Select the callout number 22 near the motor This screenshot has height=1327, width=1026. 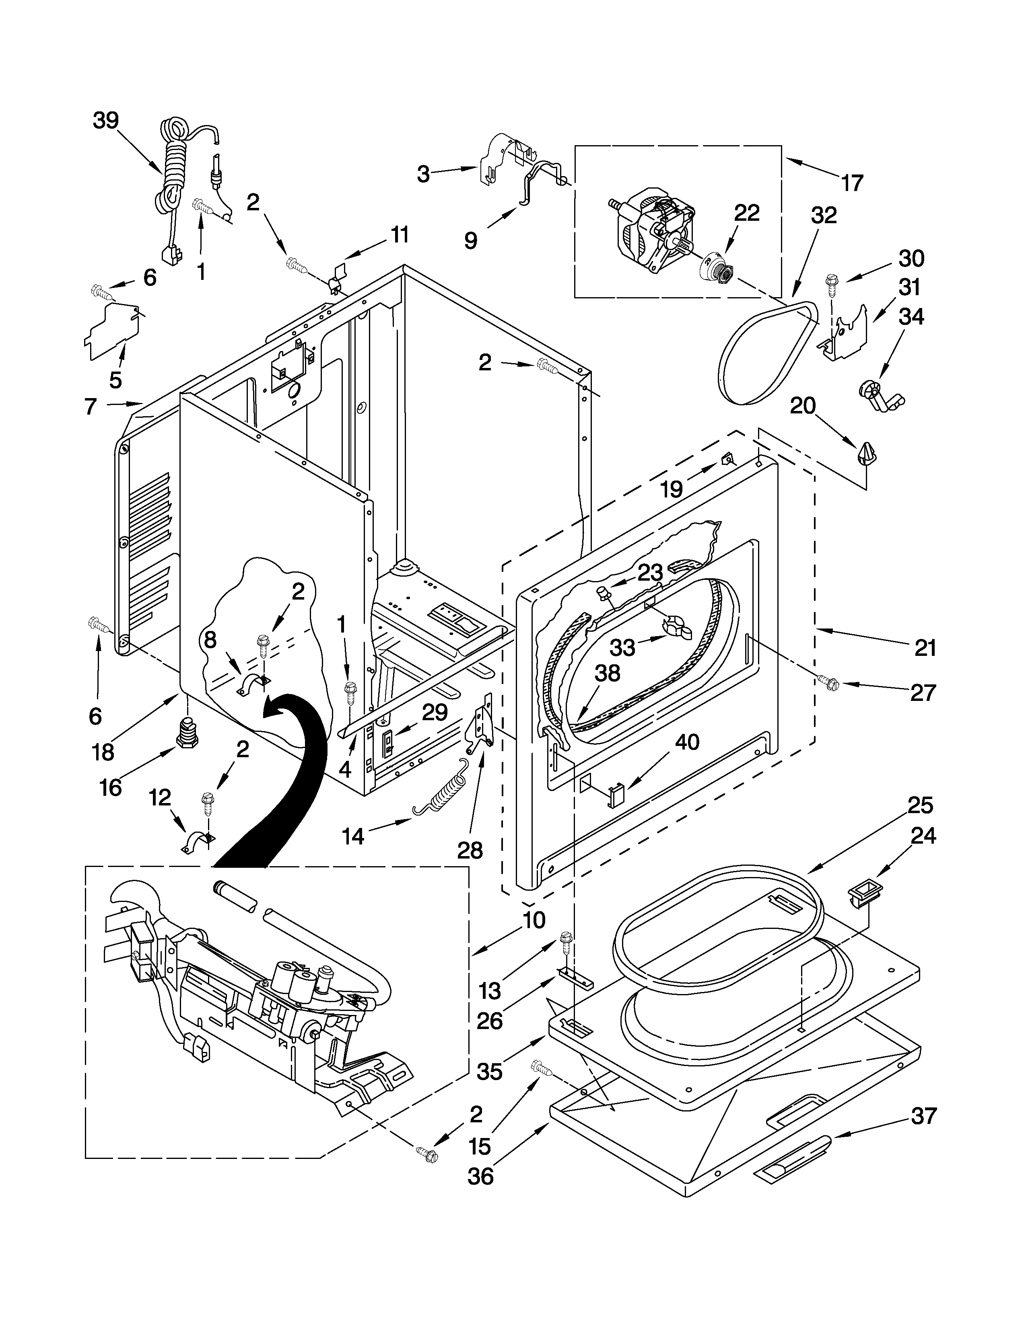[x=746, y=213]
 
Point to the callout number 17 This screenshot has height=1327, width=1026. [x=852, y=183]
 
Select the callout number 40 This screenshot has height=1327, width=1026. [x=687, y=742]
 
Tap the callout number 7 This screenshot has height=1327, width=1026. [x=90, y=406]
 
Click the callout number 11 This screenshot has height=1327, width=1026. [x=400, y=234]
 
